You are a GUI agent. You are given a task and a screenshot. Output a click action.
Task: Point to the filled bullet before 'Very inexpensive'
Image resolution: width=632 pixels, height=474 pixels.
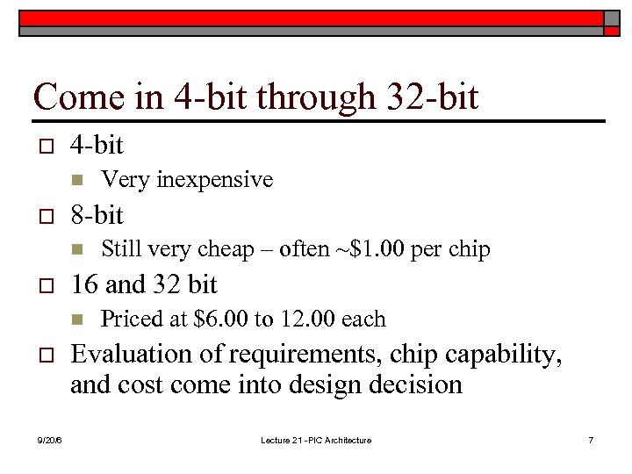click(x=76, y=181)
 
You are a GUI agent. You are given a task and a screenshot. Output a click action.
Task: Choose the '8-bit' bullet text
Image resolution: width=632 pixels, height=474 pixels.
click(x=97, y=215)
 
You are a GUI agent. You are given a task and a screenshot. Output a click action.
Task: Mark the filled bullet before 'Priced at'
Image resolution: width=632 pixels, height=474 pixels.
click(x=76, y=320)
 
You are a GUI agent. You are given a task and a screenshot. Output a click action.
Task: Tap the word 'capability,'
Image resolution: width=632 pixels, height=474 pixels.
click(x=504, y=355)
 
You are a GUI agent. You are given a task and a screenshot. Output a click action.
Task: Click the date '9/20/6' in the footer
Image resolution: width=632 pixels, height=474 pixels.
click(x=50, y=440)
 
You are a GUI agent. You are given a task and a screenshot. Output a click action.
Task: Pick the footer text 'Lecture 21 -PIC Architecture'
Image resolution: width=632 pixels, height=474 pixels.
click(x=315, y=440)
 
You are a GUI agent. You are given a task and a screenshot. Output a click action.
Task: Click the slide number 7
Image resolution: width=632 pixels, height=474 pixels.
click(x=590, y=440)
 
